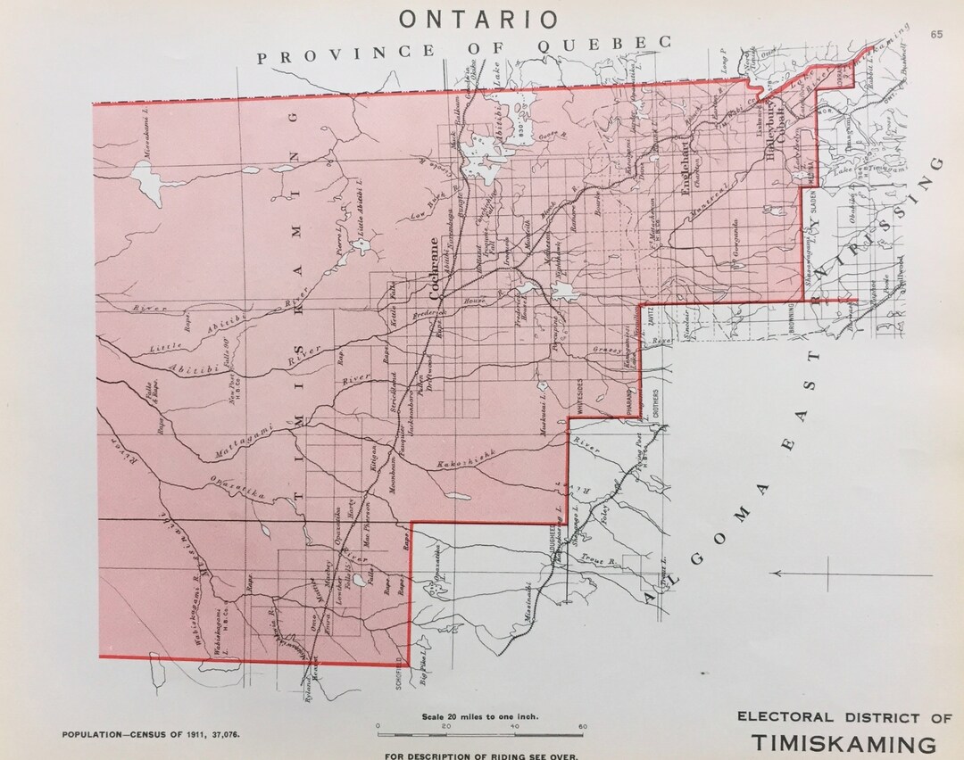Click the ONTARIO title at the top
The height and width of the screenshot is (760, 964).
(478, 18)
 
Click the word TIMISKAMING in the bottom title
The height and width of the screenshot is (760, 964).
(843, 743)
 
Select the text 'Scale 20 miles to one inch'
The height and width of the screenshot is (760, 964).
(478, 715)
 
